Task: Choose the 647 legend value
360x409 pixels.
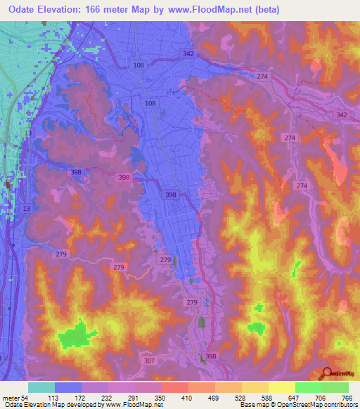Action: (293, 398)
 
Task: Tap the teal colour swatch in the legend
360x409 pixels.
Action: (41, 387)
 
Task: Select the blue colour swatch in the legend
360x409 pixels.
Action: (68, 387)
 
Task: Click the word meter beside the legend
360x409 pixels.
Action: (11, 398)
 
